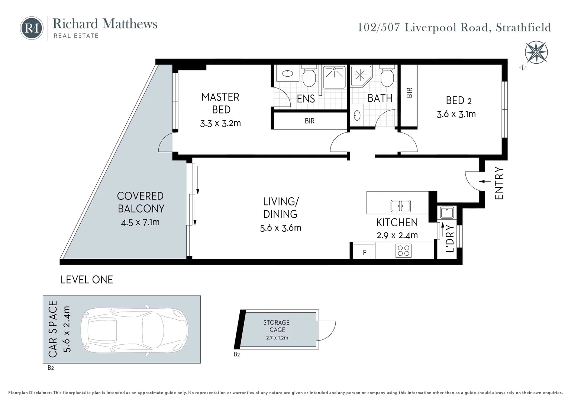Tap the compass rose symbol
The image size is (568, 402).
click(x=536, y=52)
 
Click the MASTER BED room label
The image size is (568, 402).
click(x=221, y=103)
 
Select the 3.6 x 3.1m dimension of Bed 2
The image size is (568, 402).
click(x=456, y=114)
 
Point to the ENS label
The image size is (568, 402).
click(x=306, y=99)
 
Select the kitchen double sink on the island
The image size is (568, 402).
click(x=400, y=206)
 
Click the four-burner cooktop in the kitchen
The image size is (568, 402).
click(x=404, y=251)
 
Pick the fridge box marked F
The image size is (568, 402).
click(x=364, y=252)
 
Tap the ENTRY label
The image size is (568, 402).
click(x=499, y=183)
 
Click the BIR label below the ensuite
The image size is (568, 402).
click(x=309, y=121)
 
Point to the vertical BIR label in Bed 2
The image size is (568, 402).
click(x=409, y=93)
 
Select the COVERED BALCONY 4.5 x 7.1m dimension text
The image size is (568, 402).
click(x=140, y=223)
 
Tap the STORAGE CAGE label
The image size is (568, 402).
click(x=277, y=326)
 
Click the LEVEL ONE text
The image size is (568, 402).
click(x=87, y=280)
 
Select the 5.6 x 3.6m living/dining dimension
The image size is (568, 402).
click(x=281, y=228)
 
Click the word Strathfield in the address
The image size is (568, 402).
click(x=523, y=28)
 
